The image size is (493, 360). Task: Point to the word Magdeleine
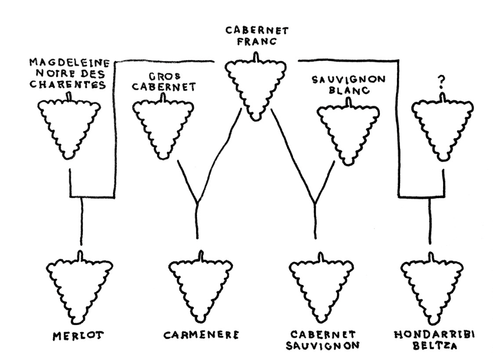coord(71,63)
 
